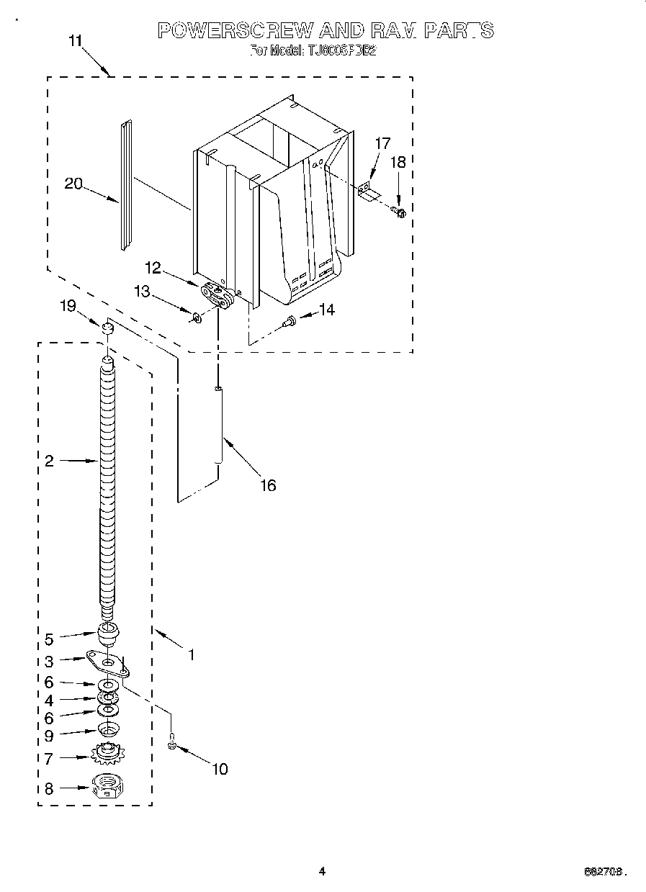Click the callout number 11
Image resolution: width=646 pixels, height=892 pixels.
click(x=76, y=40)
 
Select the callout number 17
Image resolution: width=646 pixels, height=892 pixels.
click(x=382, y=143)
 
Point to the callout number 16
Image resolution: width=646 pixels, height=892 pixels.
click(x=267, y=485)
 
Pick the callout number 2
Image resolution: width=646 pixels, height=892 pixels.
click(x=49, y=461)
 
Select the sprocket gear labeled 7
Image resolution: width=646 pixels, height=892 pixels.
click(x=107, y=755)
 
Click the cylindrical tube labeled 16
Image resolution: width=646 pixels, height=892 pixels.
click(x=217, y=427)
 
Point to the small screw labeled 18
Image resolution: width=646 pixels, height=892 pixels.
click(x=399, y=211)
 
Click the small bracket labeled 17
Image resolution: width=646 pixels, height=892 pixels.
click(x=369, y=191)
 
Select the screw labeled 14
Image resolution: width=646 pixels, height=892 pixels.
click(x=290, y=320)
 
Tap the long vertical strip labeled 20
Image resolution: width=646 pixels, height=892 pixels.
click(x=126, y=186)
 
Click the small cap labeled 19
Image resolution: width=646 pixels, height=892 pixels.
click(x=107, y=330)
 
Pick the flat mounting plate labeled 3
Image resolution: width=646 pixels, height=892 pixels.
click(x=107, y=662)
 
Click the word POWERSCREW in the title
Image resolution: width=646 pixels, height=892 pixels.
click(x=235, y=30)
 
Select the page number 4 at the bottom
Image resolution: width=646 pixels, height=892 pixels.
click(x=323, y=872)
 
